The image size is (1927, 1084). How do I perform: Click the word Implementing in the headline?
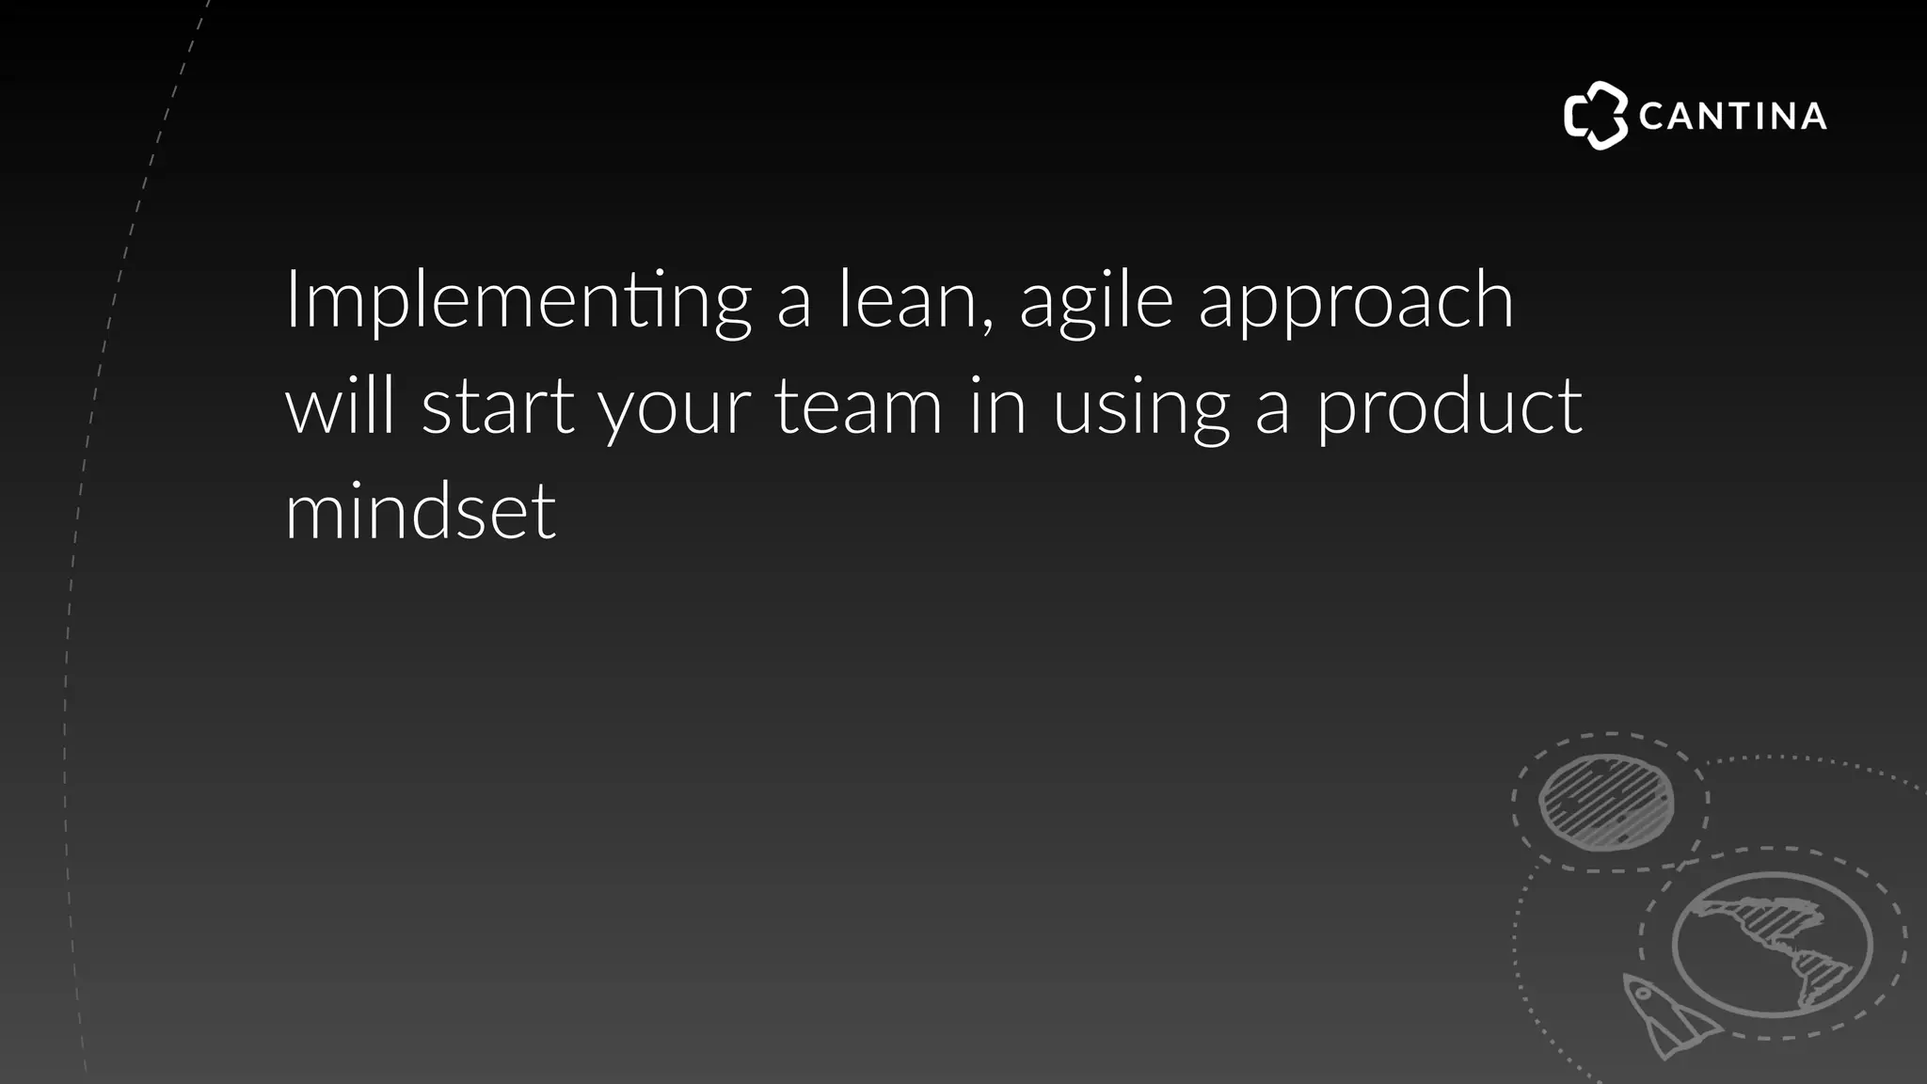518,301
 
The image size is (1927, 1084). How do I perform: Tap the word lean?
907,301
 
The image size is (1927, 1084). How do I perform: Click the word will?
340,406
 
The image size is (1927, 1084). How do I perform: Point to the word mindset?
421,513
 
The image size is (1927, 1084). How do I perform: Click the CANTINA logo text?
1732,117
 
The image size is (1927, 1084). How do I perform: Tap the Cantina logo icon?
1595,116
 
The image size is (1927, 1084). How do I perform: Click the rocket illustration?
1665,1016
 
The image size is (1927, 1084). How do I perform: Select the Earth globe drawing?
1772,945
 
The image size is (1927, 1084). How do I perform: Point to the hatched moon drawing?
1606,802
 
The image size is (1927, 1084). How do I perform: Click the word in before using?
998,406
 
